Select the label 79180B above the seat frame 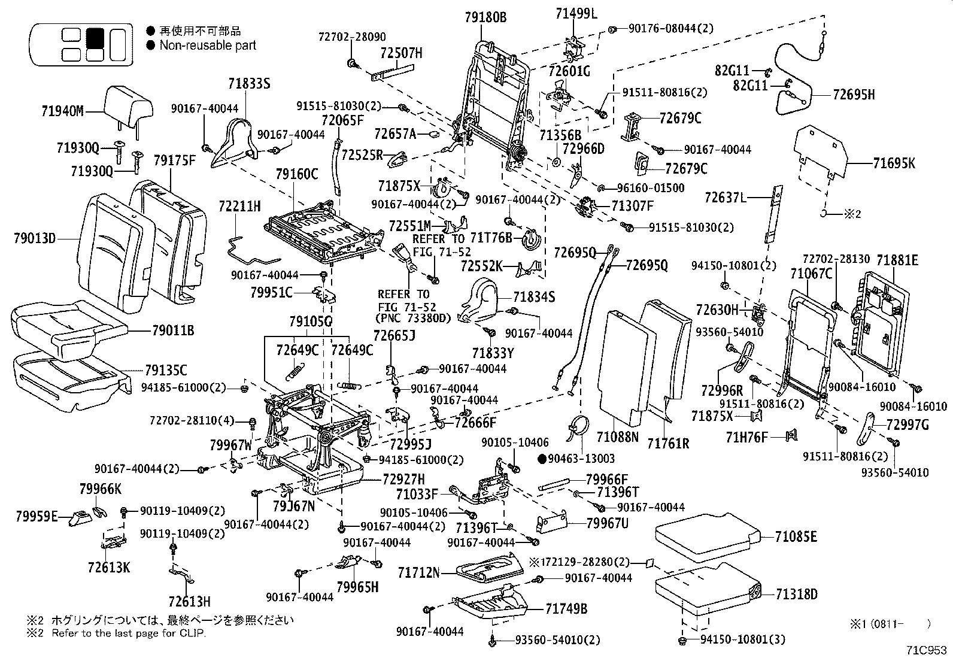[x=485, y=18]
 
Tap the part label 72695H [x=854, y=94]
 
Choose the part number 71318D [x=796, y=595]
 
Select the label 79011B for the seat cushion [x=173, y=330]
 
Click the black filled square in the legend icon [x=95, y=38]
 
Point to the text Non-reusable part [x=207, y=46]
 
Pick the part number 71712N [x=418, y=573]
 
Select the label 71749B [x=566, y=610]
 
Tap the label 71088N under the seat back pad [x=618, y=436]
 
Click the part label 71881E [x=897, y=260]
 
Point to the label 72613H [x=189, y=601]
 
